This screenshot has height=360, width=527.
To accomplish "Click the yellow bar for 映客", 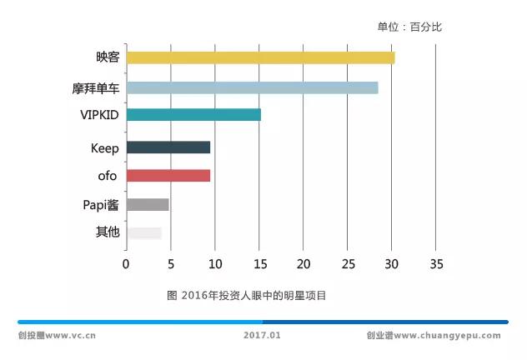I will click(x=260, y=57).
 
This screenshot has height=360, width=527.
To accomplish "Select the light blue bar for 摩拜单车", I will click(x=252, y=87).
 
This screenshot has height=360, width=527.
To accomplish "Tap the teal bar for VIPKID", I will click(x=193, y=115).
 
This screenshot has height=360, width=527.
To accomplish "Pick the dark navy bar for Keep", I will click(x=168, y=147).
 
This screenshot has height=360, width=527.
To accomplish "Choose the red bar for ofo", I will click(x=168, y=175).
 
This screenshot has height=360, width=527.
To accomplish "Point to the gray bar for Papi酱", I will click(x=148, y=204).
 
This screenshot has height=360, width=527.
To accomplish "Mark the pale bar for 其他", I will click(x=143, y=232).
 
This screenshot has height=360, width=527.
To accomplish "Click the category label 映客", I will click(x=108, y=57).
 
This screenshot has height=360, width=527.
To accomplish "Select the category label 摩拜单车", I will click(x=95, y=87).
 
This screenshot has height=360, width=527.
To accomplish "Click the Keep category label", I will click(x=104, y=148).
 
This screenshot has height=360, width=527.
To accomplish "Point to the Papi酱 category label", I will click(x=100, y=204).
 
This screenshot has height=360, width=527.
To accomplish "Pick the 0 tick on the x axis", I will click(x=126, y=264).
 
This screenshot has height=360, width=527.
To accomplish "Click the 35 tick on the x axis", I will click(x=435, y=264).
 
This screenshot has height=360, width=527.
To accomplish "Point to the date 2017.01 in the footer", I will click(x=263, y=336).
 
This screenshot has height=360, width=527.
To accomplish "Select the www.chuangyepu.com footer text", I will click(x=447, y=336).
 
